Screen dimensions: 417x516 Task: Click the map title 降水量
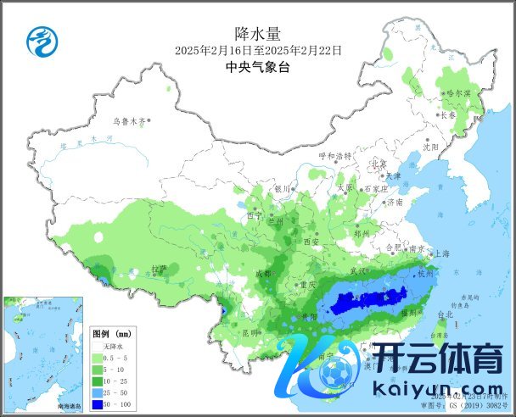tap(258, 34)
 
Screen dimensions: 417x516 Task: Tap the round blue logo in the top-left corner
tap(38, 39)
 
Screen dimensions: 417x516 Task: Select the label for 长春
tap(448, 115)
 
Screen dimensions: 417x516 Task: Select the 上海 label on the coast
tap(441, 253)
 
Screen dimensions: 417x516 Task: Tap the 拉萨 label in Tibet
tap(158, 269)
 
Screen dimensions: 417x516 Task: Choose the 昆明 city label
tap(250, 332)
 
